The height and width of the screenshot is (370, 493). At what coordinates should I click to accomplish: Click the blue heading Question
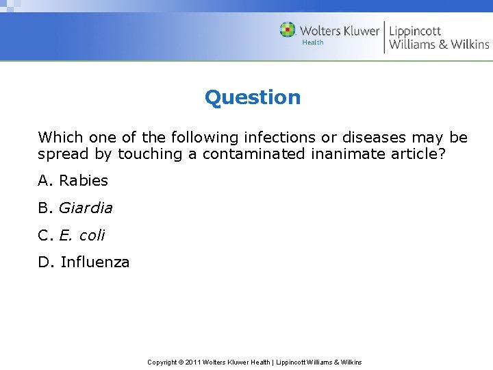[253, 97]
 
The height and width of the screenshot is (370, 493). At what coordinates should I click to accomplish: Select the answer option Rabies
[84, 181]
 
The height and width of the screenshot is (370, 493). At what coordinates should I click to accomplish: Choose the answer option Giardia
[86, 208]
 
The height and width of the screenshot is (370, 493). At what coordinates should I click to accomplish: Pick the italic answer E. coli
[82, 235]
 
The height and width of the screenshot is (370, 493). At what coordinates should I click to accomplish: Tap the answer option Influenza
[94, 262]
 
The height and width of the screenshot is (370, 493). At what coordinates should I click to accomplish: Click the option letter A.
[45, 181]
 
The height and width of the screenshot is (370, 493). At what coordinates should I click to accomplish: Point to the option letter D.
[45, 262]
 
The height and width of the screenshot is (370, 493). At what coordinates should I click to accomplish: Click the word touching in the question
[151, 154]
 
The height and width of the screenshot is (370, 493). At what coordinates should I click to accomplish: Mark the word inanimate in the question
[343, 154]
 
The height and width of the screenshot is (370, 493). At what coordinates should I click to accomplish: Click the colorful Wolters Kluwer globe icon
[288, 30]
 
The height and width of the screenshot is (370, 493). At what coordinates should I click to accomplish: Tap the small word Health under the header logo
[313, 42]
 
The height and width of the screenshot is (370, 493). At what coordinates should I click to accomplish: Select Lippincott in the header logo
[415, 31]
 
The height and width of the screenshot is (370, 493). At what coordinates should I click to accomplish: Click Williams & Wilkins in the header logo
[439, 45]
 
